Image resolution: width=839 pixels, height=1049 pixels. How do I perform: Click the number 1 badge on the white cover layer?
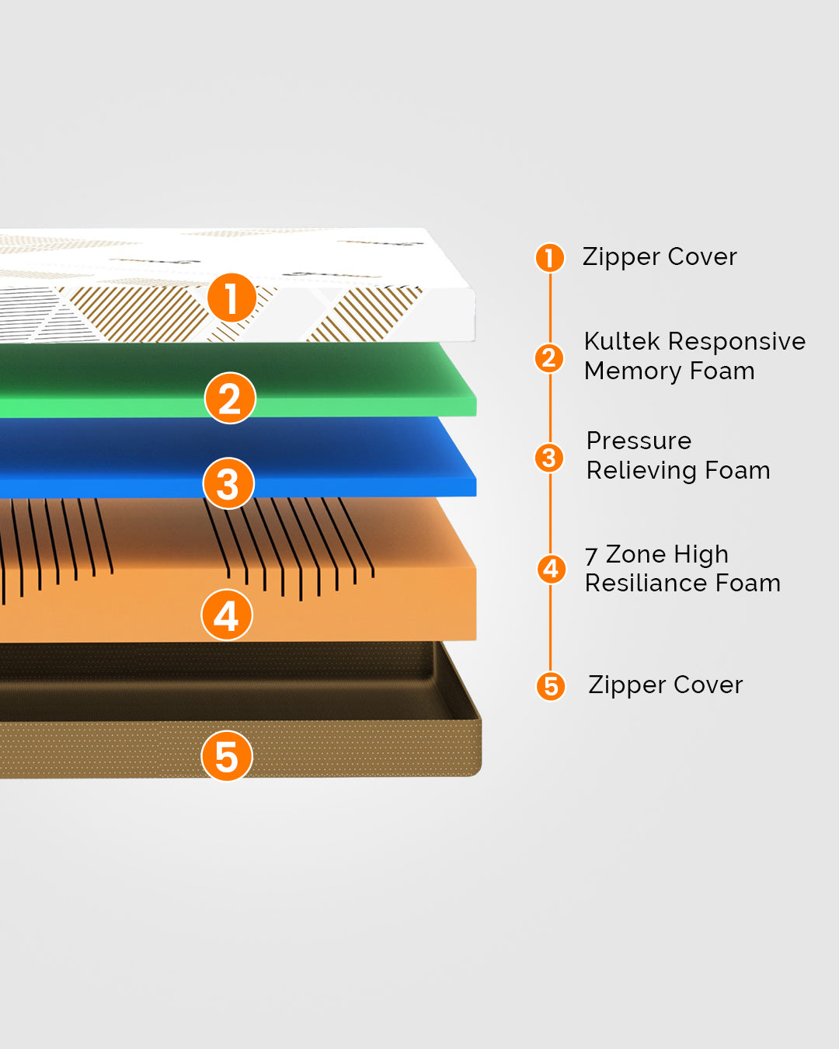pyautogui.click(x=232, y=298)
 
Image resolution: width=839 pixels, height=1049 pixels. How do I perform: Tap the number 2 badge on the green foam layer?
pyautogui.click(x=230, y=398)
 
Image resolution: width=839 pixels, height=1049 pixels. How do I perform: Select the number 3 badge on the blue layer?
pyautogui.click(x=228, y=483)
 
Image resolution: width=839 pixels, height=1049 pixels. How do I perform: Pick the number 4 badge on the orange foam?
pyautogui.click(x=226, y=615)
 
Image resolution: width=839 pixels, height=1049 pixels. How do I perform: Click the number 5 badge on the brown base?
pyautogui.click(x=226, y=756)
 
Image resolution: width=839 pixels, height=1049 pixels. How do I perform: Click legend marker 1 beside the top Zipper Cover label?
pyautogui.click(x=549, y=258)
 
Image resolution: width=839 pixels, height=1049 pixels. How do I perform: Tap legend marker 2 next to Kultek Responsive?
pyautogui.click(x=549, y=357)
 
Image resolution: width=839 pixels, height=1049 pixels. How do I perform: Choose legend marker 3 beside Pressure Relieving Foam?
pyautogui.click(x=549, y=458)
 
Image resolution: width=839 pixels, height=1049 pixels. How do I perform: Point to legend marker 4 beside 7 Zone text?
pyautogui.click(x=551, y=569)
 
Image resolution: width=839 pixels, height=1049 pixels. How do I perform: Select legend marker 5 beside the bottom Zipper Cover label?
pyautogui.click(x=551, y=686)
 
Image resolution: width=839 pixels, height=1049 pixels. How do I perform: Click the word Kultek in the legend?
pyautogui.click(x=621, y=341)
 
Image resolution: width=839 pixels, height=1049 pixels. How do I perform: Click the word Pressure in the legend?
pyautogui.click(x=639, y=441)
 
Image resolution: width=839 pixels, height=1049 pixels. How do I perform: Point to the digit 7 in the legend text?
pyautogui.click(x=591, y=556)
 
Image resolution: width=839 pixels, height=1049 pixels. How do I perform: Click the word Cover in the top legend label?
pyautogui.click(x=702, y=256)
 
